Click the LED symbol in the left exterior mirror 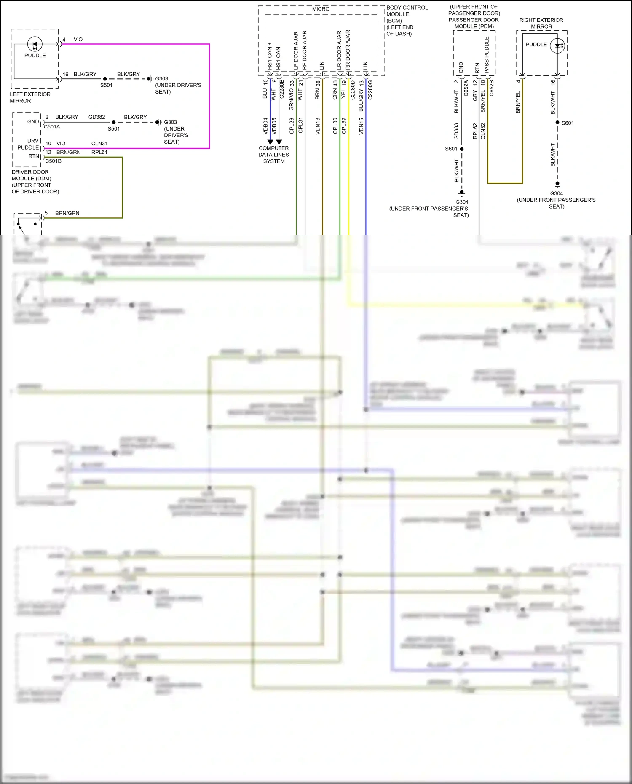coord(35,44)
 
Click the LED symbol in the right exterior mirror coord(558,46)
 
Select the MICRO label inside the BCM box coord(321,9)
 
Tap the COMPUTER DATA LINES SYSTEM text coord(274,155)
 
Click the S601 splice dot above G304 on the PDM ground coord(462,149)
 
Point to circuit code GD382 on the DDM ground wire coord(97,117)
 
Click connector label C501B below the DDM coord(54,161)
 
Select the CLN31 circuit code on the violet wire coord(99,144)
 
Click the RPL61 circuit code coord(99,153)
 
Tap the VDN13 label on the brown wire coord(318,126)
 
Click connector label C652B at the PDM coord(491,88)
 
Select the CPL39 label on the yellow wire coord(344,126)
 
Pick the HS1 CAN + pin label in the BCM coord(270,56)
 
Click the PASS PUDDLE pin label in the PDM coord(487,55)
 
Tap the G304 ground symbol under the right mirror coord(557,185)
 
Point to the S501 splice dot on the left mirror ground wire coord(105,79)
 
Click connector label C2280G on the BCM coord(370,90)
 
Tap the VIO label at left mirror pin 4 coord(78,40)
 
